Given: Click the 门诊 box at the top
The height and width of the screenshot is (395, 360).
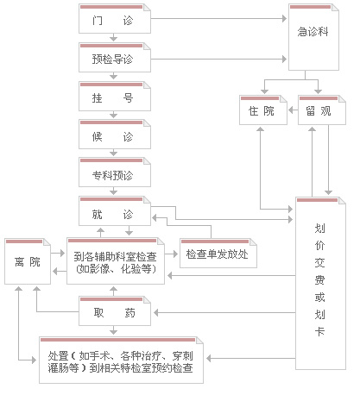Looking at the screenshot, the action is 115,18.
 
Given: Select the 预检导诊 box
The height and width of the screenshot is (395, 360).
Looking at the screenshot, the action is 115,58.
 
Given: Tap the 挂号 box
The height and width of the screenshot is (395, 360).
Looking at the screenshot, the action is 115,97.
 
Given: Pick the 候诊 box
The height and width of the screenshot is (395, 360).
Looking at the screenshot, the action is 115,135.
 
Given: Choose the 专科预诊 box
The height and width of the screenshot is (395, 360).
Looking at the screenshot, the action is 115,172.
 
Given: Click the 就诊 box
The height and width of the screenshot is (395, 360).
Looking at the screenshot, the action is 115,211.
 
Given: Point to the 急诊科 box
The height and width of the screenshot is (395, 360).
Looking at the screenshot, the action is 313,37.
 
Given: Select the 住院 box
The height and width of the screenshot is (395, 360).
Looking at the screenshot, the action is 263,110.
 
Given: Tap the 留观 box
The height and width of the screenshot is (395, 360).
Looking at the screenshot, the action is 322,110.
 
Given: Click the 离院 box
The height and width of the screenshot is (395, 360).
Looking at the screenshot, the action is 28,261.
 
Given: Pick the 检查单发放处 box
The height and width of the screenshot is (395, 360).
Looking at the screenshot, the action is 218,254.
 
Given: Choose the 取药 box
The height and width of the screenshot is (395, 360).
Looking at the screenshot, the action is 115,311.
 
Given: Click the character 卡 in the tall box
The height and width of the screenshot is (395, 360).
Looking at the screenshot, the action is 319,331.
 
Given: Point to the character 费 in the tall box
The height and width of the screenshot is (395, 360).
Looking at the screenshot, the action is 319,279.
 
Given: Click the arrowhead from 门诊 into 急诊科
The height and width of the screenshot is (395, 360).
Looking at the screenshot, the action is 284,19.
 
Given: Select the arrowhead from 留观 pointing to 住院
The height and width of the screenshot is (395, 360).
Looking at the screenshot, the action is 291,110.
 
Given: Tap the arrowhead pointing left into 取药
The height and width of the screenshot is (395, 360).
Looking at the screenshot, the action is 156,312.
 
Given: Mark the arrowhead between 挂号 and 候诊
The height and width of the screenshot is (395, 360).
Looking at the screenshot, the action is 114,116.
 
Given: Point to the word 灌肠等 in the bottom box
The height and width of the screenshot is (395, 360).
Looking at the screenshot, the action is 63,367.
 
